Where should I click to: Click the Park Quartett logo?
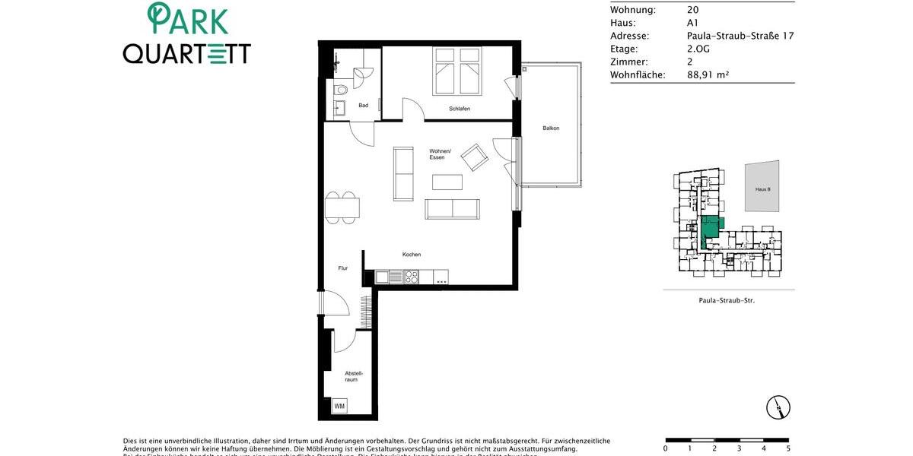pyautogui.click(x=187, y=35)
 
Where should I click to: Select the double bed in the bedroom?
pyautogui.click(x=457, y=71)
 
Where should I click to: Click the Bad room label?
pyautogui.click(x=364, y=106)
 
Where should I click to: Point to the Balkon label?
pyautogui.click(x=551, y=128)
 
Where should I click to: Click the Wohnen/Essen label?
pyautogui.click(x=441, y=154)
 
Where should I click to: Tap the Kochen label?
pyautogui.click(x=412, y=255)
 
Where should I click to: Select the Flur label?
pyautogui.click(x=343, y=268)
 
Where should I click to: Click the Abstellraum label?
pyautogui.click(x=354, y=375)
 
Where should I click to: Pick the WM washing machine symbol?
pyautogui.click(x=339, y=406)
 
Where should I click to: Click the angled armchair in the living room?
pyautogui.click(x=476, y=157)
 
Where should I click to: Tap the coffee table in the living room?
pyautogui.click(x=447, y=182)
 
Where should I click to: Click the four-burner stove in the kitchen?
pyautogui.click(x=411, y=277)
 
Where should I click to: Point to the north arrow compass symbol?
pyautogui.click(x=778, y=407)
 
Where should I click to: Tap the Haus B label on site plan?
pyautogui.click(x=762, y=188)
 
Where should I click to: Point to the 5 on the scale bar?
pyautogui.click(x=788, y=448)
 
